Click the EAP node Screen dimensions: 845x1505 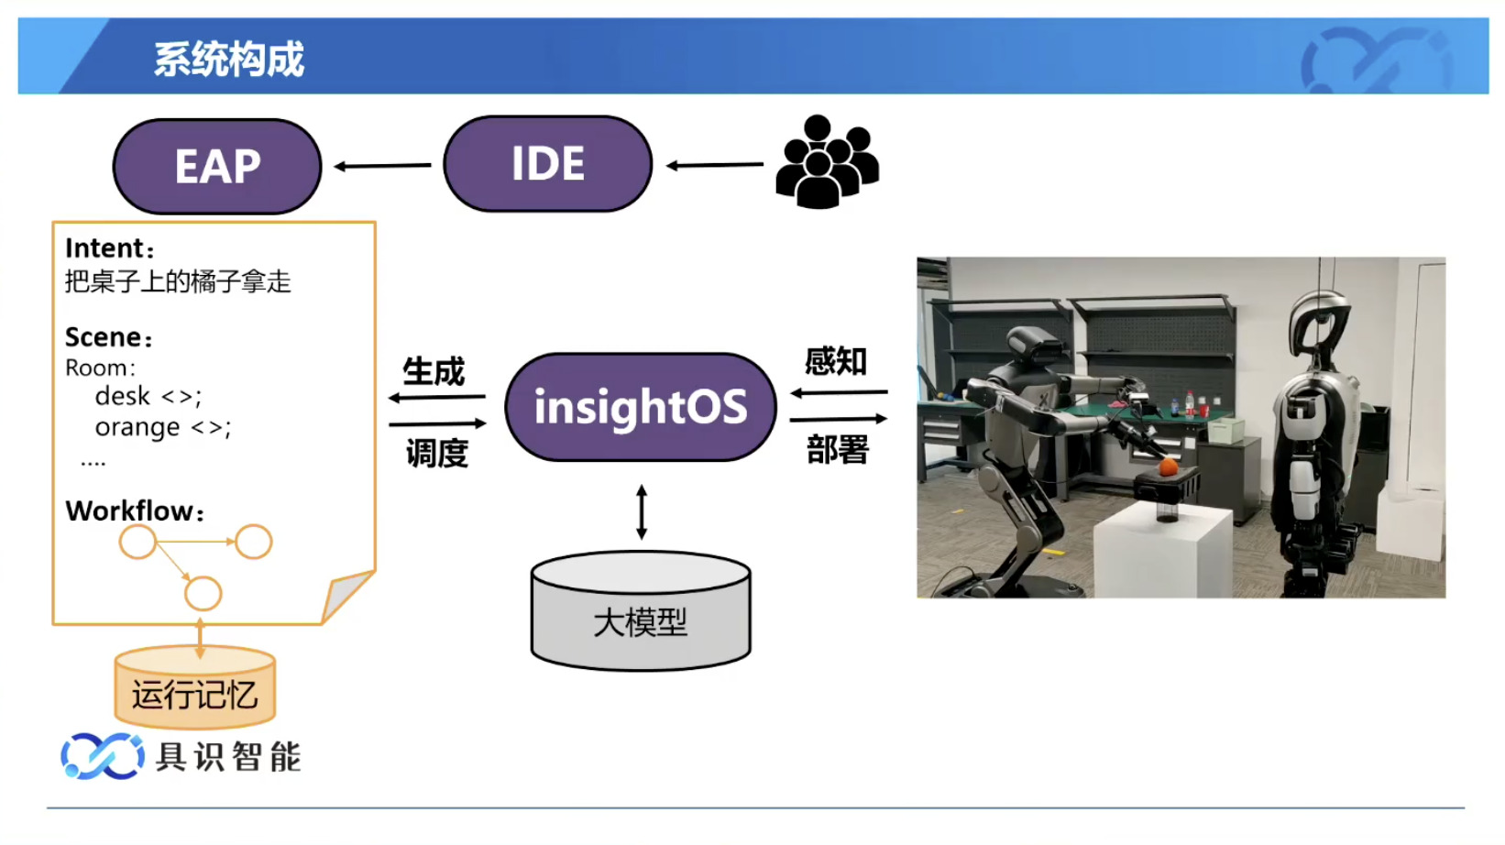click(217, 167)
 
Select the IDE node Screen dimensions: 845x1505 click(547, 164)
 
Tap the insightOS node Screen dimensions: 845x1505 click(640, 407)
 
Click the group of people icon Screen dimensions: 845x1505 click(827, 162)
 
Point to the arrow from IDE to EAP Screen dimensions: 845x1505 click(382, 166)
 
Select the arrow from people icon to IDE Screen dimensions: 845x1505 click(714, 165)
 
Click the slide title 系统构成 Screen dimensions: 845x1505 click(228, 60)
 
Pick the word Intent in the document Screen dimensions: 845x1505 click(104, 248)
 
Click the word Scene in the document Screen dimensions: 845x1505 click(103, 337)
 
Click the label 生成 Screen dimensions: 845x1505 click(434, 372)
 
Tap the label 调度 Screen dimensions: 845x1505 click(436, 453)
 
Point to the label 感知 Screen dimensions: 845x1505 click(835, 361)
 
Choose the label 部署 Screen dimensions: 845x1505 click(837, 449)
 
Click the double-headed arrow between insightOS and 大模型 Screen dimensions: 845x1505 click(642, 511)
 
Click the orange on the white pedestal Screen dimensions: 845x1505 click(1168, 467)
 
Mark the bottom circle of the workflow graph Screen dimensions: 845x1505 click(203, 594)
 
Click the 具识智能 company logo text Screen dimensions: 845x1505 click(228, 757)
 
